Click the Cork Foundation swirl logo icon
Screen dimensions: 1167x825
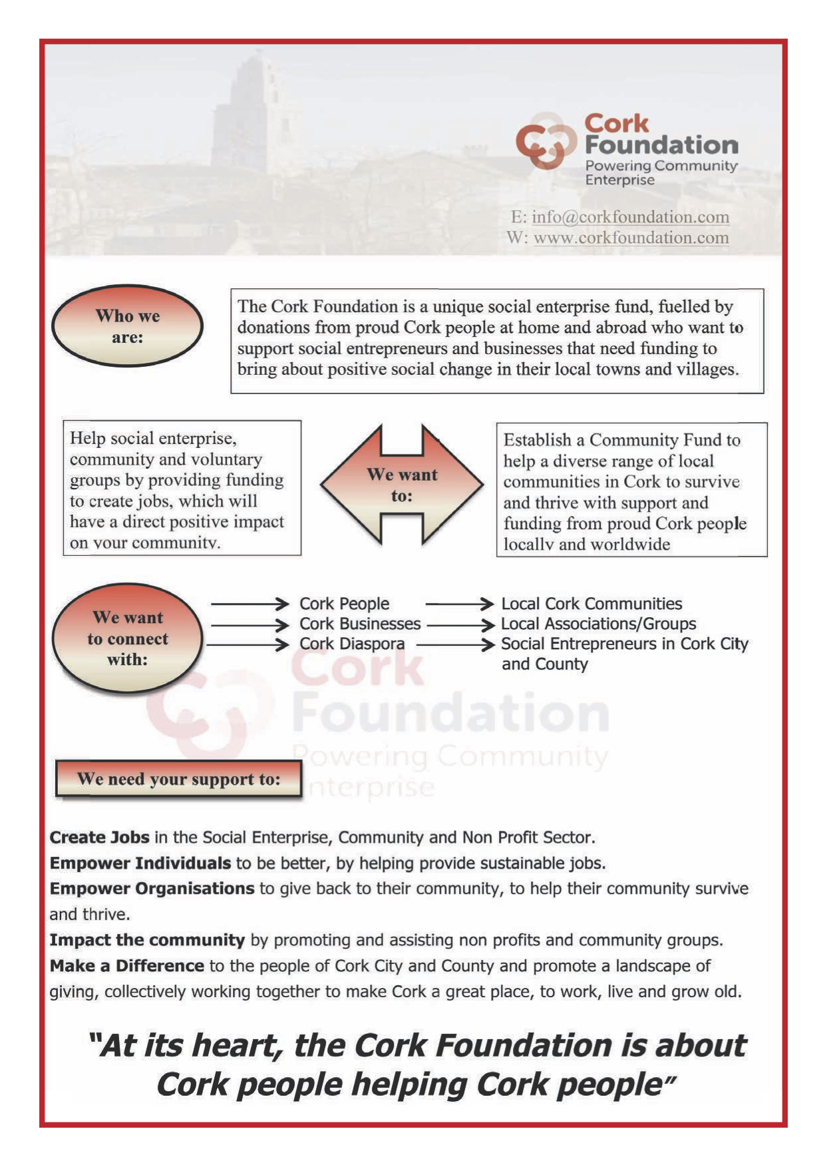[546, 140]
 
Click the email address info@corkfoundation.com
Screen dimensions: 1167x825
[630, 217]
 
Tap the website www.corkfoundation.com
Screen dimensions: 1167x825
[631, 238]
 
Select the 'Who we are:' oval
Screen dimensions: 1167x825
[127, 326]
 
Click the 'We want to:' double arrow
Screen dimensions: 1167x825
[402, 485]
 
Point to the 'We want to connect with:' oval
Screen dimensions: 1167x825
[127, 638]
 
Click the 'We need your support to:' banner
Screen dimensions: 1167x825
[178, 779]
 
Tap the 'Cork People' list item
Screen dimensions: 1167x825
[344, 604]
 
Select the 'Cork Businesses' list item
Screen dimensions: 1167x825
[360, 624]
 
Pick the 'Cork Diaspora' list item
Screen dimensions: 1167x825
[352, 644]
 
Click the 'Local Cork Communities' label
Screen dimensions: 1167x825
[591, 604]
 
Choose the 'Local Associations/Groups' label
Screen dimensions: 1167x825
[598, 624]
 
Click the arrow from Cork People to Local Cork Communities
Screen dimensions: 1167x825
[459, 604]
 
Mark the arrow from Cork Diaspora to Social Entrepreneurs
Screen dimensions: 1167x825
[455, 644]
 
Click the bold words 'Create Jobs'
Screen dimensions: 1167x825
[99, 837]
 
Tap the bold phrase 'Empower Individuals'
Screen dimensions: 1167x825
[140, 863]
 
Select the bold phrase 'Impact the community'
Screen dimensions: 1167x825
[147, 940]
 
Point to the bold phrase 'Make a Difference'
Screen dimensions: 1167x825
[126, 966]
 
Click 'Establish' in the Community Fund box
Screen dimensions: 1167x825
[537, 440]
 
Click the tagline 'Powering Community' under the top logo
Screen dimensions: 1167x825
[661, 166]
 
